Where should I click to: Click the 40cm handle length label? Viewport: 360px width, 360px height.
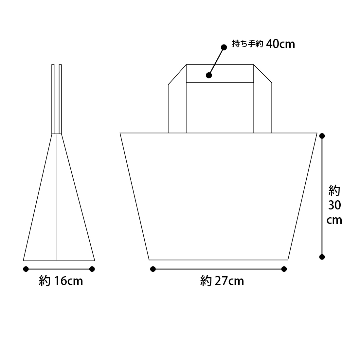[280, 44]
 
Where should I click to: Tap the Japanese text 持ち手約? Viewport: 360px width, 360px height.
[247, 44]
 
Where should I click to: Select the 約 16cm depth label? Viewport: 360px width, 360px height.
[61, 281]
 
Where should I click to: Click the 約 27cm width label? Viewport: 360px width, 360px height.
[222, 281]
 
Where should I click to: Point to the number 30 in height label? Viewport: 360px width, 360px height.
[334, 205]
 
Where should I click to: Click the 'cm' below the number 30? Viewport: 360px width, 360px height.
[334, 220]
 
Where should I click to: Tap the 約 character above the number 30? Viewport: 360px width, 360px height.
[334, 190]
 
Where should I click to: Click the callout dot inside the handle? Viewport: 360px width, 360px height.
[209, 75]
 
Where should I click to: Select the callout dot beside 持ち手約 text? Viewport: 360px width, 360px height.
[224, 47]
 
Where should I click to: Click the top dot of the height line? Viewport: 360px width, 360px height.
[322, 136]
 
